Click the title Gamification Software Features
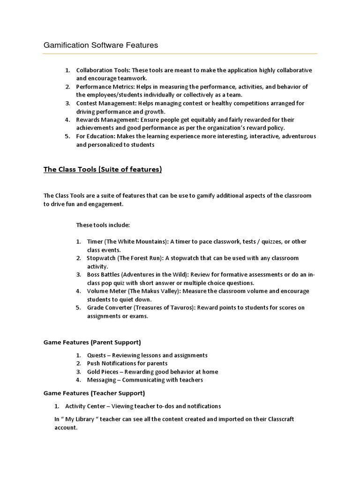click(x=101, y=45)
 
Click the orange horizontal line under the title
click(x=180, y=54)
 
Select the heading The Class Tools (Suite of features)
click(x=102, y=170)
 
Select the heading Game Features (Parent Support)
click(x=92, y=342)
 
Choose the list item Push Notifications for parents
click(x=127, y=363)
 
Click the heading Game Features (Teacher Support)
click(x=94, y=393)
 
